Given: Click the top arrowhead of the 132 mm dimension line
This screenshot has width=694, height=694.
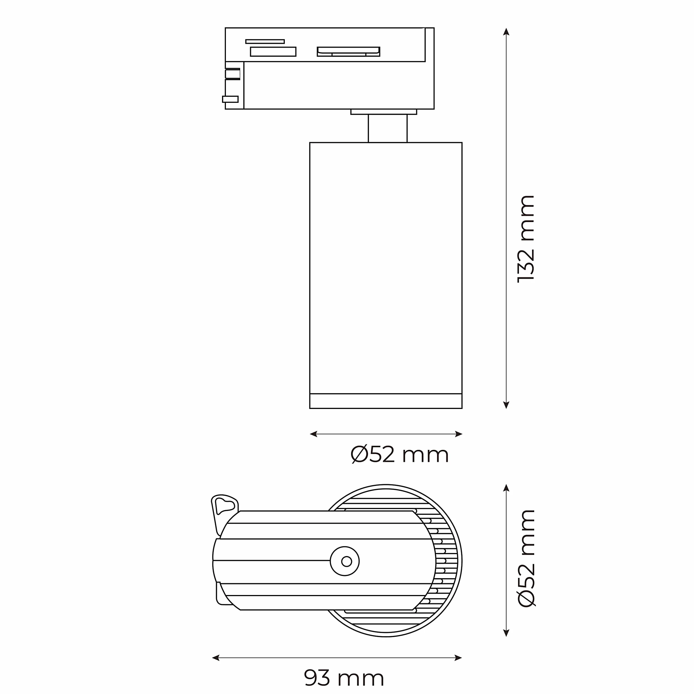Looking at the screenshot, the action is [x=506, y=31].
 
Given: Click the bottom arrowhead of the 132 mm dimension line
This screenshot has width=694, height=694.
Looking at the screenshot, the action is [x=506, y=405].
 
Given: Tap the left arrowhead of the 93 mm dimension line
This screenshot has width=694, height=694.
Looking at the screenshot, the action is [x=216, y=658].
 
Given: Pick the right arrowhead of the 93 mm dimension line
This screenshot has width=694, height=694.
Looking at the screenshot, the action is [x=458, y=658].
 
